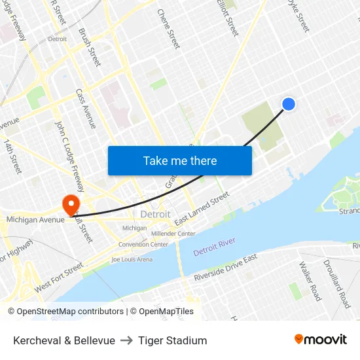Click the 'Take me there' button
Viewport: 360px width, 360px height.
click(180, 160)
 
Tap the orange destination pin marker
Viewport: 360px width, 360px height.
click(71, 205)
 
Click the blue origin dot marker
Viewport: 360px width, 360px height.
click(288, 104)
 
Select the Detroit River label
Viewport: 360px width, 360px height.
click(214, 247)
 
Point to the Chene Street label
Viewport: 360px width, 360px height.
click(169, 29)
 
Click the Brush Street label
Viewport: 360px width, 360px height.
click(90, 47)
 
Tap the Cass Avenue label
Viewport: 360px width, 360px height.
click(86, 108)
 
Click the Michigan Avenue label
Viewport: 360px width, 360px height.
click(35, 220)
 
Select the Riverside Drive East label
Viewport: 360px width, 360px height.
click(226, 268)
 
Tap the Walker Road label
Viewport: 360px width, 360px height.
click(310, 281)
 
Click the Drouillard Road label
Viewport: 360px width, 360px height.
click(336, 283)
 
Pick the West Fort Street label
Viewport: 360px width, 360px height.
click(59, 277)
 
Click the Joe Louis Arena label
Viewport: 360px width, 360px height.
click(132, 259)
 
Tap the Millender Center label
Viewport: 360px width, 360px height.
click(173, 234)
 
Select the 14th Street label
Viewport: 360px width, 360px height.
click(12, 156)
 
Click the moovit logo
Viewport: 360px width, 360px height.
click(320, 339)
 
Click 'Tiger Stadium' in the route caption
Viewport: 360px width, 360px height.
click(172, 340)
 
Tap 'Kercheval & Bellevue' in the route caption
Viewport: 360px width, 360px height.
click(64, 340)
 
